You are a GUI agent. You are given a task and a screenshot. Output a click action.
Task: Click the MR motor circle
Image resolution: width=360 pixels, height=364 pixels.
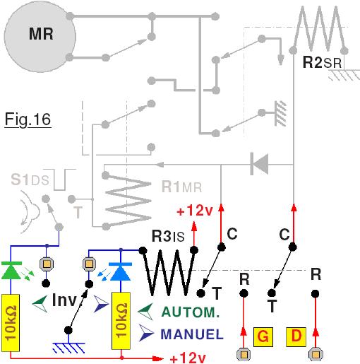tap(40, 37)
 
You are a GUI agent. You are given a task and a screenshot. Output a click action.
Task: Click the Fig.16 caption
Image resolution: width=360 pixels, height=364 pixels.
tap(28, 119)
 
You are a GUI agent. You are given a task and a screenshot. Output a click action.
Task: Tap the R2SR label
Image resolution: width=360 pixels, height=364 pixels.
tap(322, 62)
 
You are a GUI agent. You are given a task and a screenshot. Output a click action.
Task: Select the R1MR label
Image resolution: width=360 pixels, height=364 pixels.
tap(181, 187)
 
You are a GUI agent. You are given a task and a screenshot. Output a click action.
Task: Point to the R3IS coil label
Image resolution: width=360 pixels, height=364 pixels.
tap(168, 236)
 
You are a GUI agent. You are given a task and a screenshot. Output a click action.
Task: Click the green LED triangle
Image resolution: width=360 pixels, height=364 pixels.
tap(11, 271)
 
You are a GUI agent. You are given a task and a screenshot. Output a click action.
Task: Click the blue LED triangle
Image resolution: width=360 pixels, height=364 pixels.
tap(121, 271)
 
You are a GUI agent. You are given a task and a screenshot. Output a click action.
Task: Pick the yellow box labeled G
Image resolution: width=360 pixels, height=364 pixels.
tap(263, 337)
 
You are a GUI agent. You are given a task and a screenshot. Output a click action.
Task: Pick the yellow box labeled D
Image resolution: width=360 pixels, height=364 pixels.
tap(296, 337)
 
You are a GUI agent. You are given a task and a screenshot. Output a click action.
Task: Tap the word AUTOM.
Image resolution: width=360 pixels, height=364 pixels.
tap(191, 312)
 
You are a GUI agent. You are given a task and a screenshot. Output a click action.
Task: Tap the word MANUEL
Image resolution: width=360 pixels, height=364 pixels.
tap(192, 334)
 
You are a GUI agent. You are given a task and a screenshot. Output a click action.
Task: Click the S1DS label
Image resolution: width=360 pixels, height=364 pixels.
tap(30, 180)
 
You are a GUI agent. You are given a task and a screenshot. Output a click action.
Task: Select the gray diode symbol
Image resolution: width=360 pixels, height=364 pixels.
tap(259, 164)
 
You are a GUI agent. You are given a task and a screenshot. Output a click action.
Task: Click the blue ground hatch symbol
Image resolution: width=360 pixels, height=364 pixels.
tap(68, 348)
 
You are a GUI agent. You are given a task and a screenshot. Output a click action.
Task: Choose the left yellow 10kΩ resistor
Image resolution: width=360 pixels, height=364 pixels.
tap(11, 323)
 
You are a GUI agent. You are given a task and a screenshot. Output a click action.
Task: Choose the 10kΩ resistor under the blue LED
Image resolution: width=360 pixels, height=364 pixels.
tap(121, 321)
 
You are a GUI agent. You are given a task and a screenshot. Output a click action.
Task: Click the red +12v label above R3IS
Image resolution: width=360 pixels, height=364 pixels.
tap(195, 211)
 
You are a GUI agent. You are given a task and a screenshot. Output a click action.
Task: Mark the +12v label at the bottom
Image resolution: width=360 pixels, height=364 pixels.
tap(188, 358)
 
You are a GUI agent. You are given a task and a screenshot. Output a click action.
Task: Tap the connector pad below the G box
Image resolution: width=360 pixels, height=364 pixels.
tap(244, 354)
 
